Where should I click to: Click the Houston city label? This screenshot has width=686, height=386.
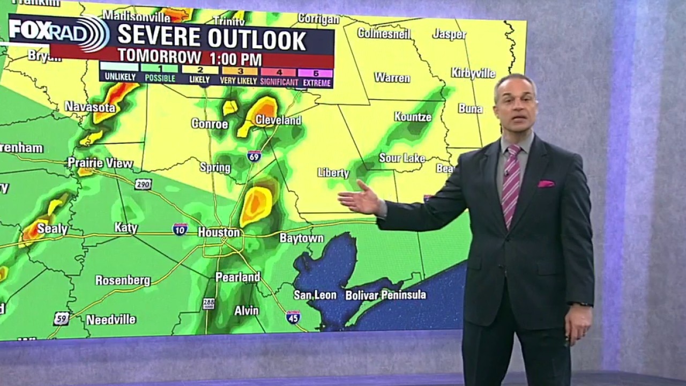click(219, 232)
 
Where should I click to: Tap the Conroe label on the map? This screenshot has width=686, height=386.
click(210, 124)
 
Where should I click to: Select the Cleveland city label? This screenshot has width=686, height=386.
click(278, 120)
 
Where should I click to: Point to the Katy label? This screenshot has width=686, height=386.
click(126, 228)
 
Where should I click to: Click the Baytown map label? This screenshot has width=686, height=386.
click(302, 238)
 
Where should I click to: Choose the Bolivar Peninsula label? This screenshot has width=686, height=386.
click(385, 295)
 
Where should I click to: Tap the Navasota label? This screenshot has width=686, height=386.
click(90, 107)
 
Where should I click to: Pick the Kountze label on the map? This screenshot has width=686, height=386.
click(413, 116)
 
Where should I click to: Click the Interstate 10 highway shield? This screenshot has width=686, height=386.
click(180, 229)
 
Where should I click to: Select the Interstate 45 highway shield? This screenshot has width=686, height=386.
click(293, 317)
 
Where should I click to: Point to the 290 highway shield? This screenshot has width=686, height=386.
click(143, 184)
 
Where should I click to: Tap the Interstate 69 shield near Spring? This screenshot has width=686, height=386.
click(254, 156)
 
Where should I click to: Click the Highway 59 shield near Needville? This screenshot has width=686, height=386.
click(61, 318)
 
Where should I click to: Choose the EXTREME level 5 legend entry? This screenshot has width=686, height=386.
click(317, 78)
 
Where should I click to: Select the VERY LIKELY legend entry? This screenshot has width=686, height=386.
click(240, 78)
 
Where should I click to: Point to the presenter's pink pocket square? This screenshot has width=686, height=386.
click(546, 184)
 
